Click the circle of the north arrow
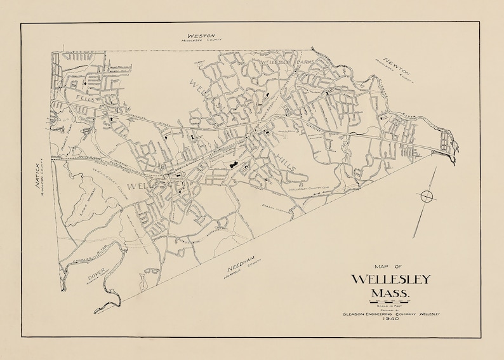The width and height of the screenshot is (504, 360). tap(427, 196)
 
